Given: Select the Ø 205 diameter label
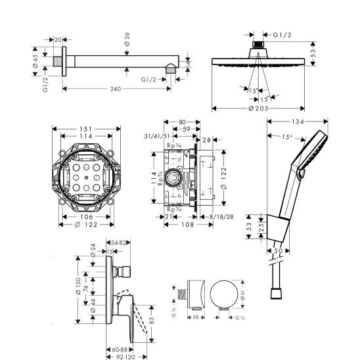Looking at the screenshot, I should (261, 109).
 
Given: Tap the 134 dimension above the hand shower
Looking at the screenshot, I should (298, 122).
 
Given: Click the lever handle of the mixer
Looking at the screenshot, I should (126, 312).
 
